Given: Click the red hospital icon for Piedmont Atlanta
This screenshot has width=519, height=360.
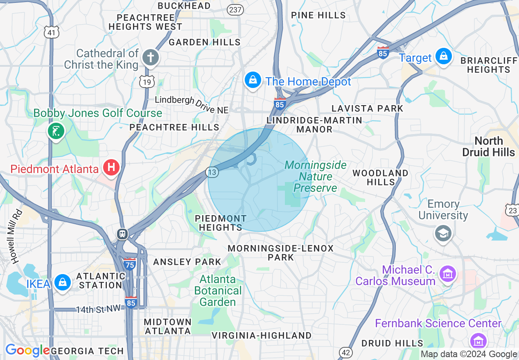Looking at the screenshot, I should coord(111,167).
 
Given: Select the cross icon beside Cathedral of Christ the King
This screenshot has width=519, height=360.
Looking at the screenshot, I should coord(151,57).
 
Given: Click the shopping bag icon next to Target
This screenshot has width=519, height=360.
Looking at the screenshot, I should coord(443,56).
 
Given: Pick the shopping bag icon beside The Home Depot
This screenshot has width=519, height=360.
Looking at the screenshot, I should coord(253,80).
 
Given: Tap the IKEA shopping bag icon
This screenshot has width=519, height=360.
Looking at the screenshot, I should coord(62,283).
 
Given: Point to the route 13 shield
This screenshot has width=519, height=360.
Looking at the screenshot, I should coord(212,172).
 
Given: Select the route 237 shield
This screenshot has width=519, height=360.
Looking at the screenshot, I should coord(236,10).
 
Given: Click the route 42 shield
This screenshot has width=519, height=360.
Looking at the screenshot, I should coord(345,352).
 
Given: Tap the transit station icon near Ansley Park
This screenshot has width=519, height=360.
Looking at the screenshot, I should coord(122,234).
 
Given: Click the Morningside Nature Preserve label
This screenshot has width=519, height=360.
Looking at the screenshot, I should coord(316,177).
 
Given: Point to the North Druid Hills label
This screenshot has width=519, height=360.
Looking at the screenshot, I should coord(488,146).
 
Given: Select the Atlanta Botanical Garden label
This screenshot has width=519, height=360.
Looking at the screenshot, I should coord(218,291).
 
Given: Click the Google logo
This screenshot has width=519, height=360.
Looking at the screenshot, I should coord(27,351).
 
